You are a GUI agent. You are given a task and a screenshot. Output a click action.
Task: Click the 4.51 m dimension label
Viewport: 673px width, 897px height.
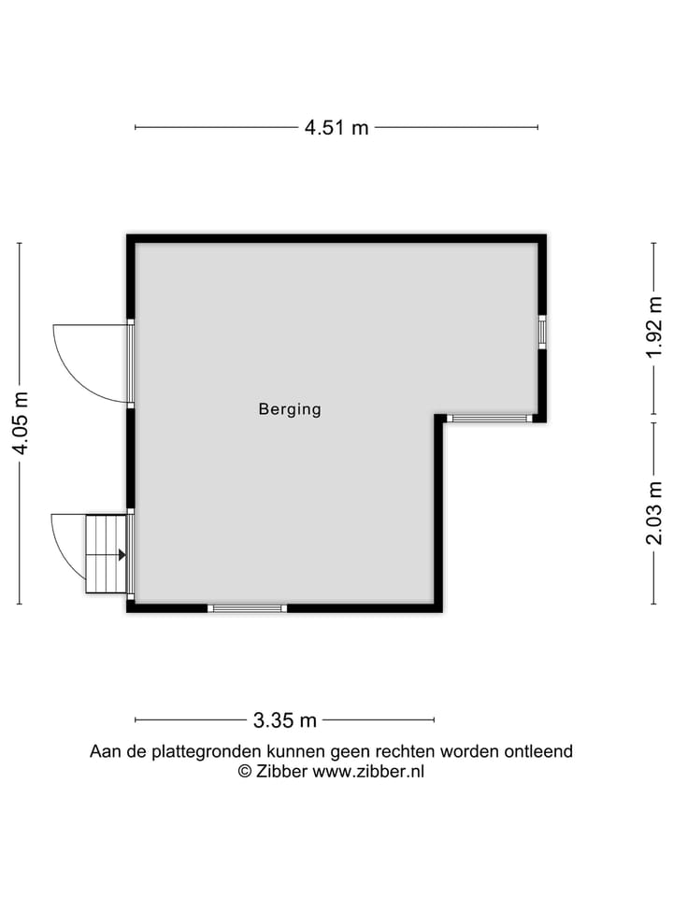336,128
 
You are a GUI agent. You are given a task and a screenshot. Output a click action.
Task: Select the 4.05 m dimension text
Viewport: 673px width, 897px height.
20,423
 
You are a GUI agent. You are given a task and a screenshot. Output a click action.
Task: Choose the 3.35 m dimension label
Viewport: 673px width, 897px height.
284,720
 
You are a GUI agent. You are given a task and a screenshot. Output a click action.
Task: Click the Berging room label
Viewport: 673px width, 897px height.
290,409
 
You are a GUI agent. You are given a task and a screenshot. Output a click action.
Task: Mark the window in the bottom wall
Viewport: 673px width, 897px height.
247,608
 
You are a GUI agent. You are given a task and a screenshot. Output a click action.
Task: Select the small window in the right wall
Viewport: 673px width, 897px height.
541,333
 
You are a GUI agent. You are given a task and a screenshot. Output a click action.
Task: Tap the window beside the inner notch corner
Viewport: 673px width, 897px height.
488,419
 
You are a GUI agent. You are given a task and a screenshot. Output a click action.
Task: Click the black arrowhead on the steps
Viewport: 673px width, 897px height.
122,554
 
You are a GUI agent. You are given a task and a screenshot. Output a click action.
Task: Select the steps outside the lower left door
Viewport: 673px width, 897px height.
105,553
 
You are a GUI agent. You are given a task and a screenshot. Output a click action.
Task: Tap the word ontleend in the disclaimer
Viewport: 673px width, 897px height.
541,751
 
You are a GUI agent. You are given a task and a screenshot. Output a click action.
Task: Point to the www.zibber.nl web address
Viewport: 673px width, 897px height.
368,772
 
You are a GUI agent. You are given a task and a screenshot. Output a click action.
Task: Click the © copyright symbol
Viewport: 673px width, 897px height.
245,772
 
